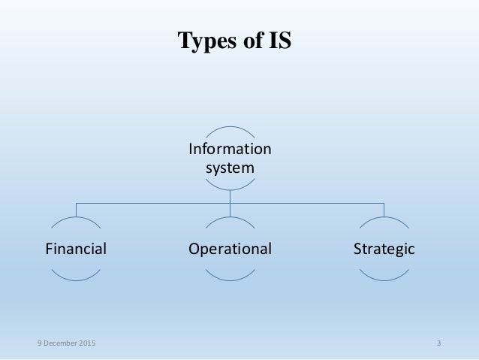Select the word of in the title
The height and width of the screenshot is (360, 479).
click(253, 41)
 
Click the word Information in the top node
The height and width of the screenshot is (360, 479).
click(230, 149)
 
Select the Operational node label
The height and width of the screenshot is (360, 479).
click(230, 248)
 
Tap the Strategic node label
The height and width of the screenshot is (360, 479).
click(384, 248)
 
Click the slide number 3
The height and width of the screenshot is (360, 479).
click(438, 343)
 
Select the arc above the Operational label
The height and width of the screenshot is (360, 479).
click(230, 219)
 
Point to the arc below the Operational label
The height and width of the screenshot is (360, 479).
click(230, 278)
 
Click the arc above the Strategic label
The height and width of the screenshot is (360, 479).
click(384, 219)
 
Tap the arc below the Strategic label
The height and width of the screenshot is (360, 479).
click(384, 278)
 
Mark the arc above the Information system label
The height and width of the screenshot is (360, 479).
click(230, 126)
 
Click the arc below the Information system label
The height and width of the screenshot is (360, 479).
click(230, 189)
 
